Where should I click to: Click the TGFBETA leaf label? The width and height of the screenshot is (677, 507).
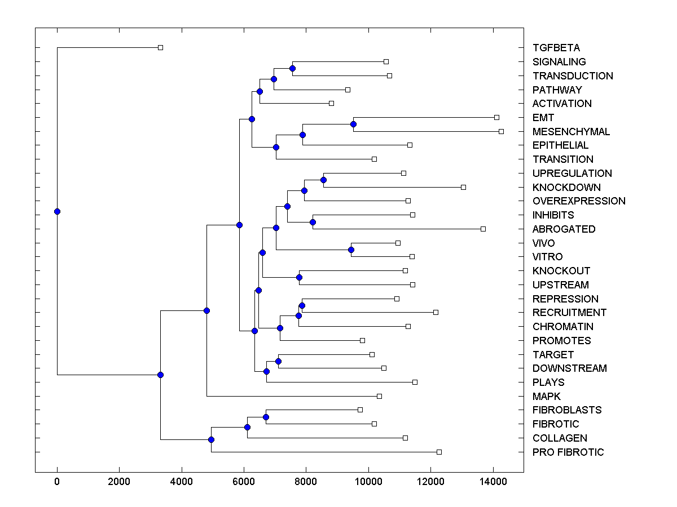[x=556, y=48]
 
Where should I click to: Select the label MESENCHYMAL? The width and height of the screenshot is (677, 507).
[x=571, y=132]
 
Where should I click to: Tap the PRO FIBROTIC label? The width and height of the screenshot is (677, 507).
[x=568, y=452]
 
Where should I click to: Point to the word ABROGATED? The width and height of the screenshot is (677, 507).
[x=564, y=229]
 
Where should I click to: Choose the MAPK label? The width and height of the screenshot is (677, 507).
[x=546, y=397]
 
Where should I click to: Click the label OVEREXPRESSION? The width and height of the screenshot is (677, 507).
[x=579, y=201]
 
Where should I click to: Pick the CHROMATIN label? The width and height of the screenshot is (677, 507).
[x=562, y=327]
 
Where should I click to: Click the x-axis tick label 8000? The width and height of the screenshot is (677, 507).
[x=306, y=482]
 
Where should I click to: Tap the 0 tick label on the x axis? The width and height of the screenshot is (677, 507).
[x=57, y=482]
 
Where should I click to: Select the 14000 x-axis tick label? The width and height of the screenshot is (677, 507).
[x=493, y=482]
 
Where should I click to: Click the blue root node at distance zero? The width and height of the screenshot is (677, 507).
[x=57, y=211]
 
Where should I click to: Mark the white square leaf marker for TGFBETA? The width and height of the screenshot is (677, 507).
[x=160, y=47]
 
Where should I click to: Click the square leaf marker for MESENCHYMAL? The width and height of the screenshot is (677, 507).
[x=501, y=131]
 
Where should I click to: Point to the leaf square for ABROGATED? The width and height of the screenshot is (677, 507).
[x=483, y=229]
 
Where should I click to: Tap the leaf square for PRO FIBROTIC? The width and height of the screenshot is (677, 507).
[x=439, y=452]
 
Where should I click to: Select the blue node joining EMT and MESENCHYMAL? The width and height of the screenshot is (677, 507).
[x=353, y=124]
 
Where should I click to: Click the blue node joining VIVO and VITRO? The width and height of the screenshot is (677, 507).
[x=351, y=250]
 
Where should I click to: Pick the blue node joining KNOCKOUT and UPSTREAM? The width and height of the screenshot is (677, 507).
[x=299, y=277]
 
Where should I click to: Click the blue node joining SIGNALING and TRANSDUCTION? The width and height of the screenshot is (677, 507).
[x=292, y=68]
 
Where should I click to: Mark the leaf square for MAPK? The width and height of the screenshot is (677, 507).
[x=379, y=396]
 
